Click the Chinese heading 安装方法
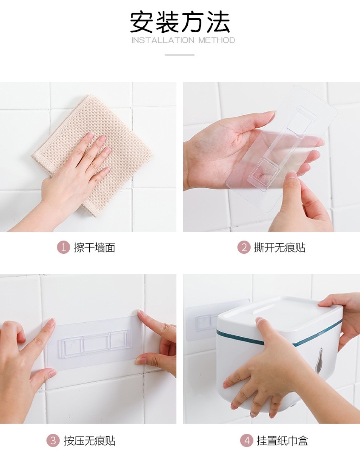180,22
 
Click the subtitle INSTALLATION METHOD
183,40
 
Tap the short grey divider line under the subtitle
180,55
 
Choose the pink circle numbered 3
53,434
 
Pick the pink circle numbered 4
246,434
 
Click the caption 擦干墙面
95,247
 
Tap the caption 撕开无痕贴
279,247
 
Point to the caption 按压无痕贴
90,435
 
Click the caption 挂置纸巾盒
282,435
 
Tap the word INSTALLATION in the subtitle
163,40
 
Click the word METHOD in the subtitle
217,40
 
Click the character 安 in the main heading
142,22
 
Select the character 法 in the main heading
218,22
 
